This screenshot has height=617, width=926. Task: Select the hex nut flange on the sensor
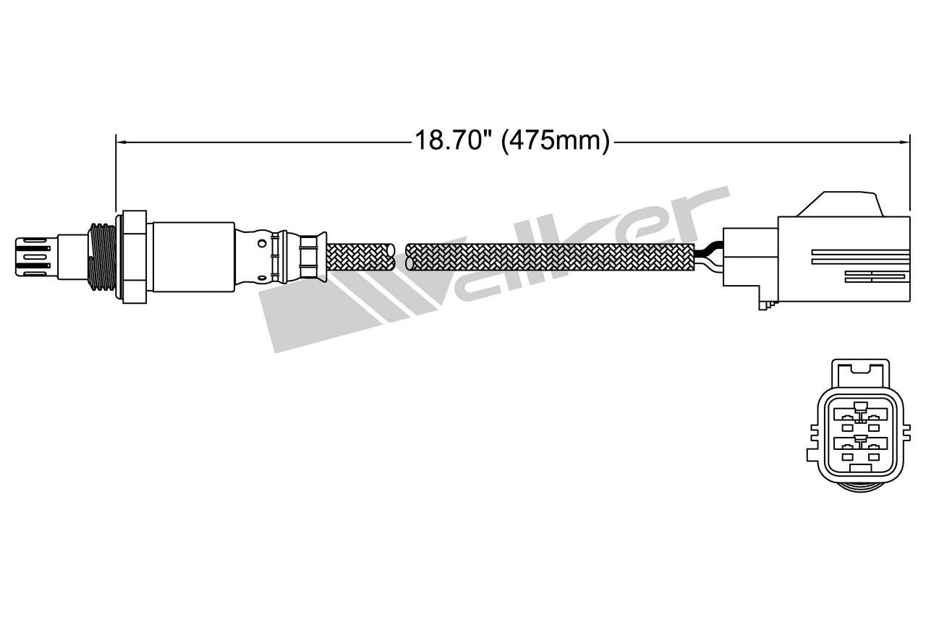[x=135, y=256]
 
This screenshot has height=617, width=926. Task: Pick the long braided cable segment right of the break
[x=550, y=258]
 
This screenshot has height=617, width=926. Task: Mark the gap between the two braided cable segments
[x=401, y=258]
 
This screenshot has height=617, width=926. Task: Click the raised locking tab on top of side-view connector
[x=839, y=204]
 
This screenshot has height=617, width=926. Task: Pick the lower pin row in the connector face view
[x=857, y=446]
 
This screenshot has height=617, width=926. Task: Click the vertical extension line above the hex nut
[x=116, y=174]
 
